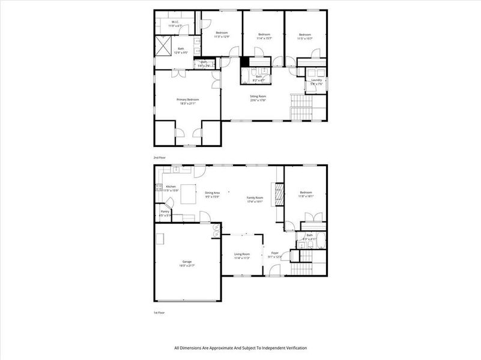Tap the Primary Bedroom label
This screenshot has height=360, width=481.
point(187,100)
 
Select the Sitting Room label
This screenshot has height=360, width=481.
point(258,96)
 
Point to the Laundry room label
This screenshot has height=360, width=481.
point(316,80)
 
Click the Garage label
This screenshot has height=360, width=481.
point(187,262)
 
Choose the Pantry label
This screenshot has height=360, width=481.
point(165,211)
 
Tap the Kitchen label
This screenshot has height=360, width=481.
point(171,187)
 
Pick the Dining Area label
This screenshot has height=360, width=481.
point(212,193)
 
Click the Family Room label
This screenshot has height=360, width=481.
point(255,197)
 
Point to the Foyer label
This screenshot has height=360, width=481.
point(275,253)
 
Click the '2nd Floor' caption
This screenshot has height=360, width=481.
point(159,157)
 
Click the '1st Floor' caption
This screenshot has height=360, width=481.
point(159,313)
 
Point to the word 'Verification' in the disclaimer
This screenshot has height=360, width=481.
point(294,348)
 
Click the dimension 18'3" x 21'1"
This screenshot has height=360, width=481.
point(187,104)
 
